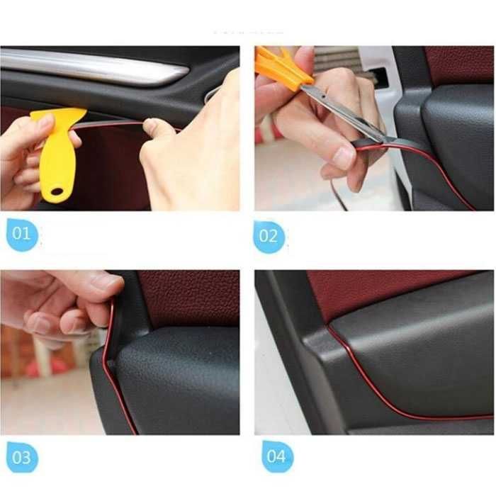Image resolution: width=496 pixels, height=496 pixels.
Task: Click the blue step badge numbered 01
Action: [21, 234]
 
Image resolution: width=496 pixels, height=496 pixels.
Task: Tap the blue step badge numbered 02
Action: [269, 237]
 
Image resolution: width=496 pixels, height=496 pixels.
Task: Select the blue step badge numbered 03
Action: [21, 458]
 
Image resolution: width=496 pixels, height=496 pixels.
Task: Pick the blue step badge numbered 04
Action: [277, 456]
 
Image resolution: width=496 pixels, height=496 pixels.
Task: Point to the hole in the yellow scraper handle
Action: [57, 191]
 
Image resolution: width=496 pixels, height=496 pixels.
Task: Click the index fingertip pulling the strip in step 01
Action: [151, 125]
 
